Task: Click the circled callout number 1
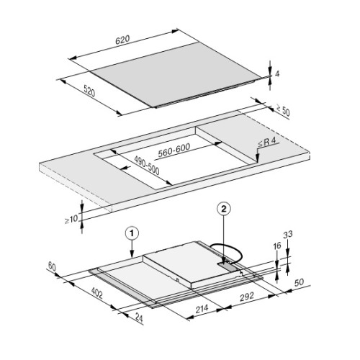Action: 131,233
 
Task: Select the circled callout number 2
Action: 225,210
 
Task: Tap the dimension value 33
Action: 289,234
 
